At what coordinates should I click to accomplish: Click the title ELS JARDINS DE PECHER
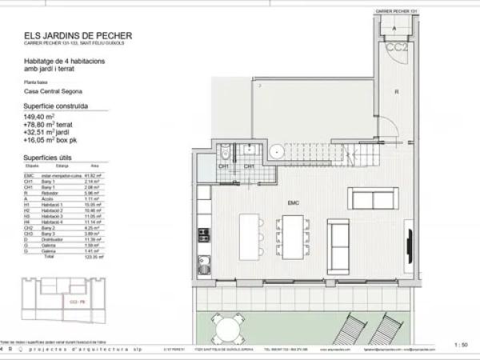tap(78, 35)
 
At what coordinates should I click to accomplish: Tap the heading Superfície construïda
tap(56, 105)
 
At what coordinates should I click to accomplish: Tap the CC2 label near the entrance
tap(394, 46)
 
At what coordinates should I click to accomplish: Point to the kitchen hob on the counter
tap(203, 235)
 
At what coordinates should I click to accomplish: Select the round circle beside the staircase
tap(277, 150)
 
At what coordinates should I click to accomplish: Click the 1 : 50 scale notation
tap(461, 345)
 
